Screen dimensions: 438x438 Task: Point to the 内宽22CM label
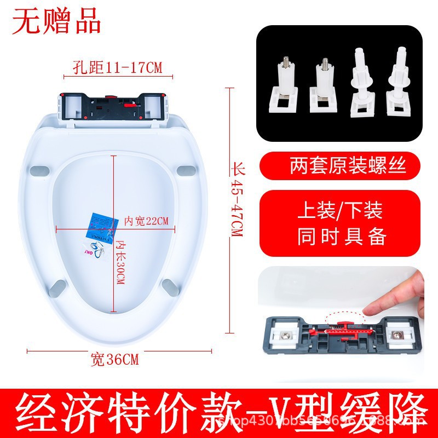pos(146,221)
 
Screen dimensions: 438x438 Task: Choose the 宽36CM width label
pos(114,360)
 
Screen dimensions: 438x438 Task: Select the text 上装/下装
pos(340,211)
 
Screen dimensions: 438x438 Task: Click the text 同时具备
pos(342,237)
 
